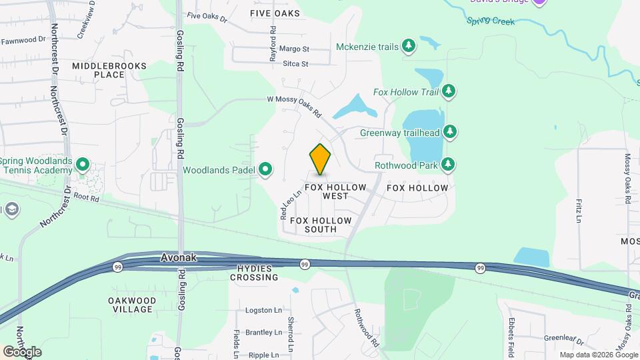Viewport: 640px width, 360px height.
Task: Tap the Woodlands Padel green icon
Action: (265, 169)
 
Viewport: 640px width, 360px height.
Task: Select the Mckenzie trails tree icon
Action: (409, 46)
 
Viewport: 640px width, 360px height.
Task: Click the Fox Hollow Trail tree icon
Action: (450, 91)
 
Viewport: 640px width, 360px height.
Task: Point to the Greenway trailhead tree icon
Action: (451, 131)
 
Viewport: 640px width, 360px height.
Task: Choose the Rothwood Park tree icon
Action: (449, 164)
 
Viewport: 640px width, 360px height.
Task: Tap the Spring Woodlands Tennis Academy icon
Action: (83, 164)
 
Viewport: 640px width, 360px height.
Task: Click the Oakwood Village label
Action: (132, 305)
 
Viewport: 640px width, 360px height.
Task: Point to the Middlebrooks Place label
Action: (108, 70)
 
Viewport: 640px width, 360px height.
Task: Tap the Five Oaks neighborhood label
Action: (275, 13)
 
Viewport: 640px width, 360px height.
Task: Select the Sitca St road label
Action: (295, 64)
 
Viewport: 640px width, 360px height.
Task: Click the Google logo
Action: (22, 351)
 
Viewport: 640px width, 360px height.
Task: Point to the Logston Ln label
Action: (263, 310)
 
